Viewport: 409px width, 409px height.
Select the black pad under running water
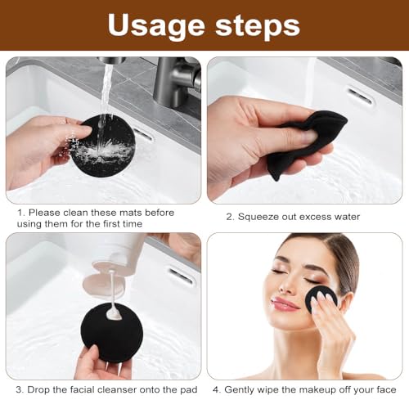click(x=101, y=145)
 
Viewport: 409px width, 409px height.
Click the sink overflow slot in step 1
click(x=142, y=133)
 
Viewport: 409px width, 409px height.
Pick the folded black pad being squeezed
click(x=307, y=143)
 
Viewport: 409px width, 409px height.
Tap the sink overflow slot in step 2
click(x=360, y=97)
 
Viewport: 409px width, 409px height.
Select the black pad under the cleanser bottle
click(x=111, y=335)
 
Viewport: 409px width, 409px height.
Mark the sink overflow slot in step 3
click(x=181, y=276)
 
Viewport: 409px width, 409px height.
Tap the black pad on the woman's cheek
click(x=321, y=300)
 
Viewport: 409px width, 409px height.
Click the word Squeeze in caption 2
click(x=261, y=217)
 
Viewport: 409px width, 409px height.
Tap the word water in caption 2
click(x=342, y=217)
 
